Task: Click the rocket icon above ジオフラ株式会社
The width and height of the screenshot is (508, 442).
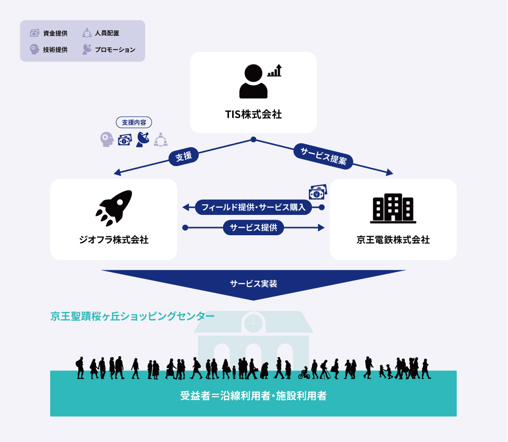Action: [x=114, y=208]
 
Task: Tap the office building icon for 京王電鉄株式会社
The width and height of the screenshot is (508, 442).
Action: [x=393, y=208]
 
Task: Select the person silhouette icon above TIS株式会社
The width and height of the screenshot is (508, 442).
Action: [x=253, y=81]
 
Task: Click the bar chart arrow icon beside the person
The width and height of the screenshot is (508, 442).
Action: [x=274, y=70]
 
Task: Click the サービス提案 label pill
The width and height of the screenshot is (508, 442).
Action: [x=323, y=156]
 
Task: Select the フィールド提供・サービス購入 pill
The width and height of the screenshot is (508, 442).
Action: [x=253, y=207]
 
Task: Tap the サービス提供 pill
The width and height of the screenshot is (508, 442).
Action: [x=253, y=228]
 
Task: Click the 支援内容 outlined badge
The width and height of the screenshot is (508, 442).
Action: [x=134, y=122]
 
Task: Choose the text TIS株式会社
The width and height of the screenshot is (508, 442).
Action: [x=253, y=114]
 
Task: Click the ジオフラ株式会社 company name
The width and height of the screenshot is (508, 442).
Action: [x=114, y=240]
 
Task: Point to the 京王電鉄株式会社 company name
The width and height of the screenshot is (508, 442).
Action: [x=393, y=240]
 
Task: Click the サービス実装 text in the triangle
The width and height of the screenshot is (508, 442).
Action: [x=253, y=284]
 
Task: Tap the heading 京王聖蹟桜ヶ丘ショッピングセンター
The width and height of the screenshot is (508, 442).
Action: [x=132, y=316]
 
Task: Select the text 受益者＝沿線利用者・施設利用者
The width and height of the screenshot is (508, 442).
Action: [x=253, y=396]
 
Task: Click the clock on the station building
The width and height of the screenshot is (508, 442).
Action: [x=253, y=323]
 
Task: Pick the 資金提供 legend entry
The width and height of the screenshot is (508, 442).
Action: [x=49, y=33]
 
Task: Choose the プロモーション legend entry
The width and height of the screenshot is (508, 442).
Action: [x=109, y=49]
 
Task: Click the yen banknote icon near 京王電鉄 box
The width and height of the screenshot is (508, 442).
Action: [x=318, y=192]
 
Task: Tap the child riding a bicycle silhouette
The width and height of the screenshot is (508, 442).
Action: [x=304, y=373]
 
